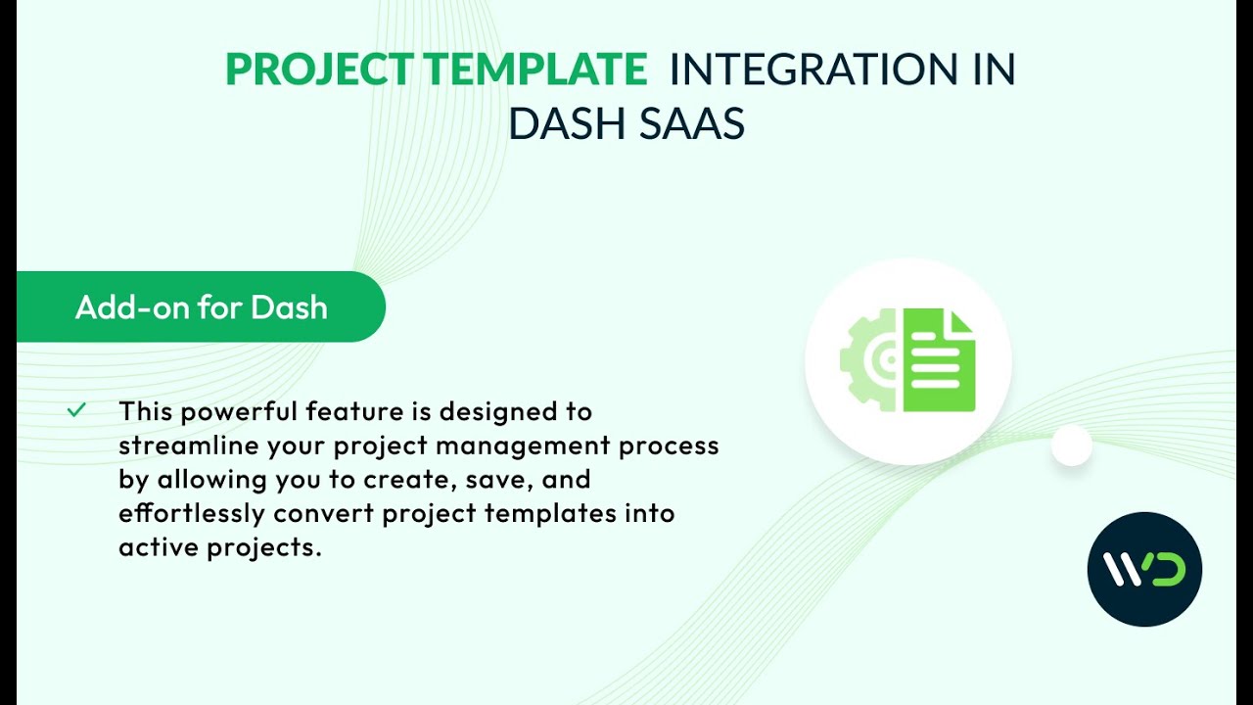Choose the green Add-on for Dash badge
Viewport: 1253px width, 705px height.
point(201,307)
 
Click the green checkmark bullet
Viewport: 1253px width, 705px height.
point(76,410)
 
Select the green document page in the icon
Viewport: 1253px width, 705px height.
point(940,360)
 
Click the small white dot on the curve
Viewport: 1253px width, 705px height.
point(1071,446)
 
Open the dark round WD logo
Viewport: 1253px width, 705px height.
point(1144,569)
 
